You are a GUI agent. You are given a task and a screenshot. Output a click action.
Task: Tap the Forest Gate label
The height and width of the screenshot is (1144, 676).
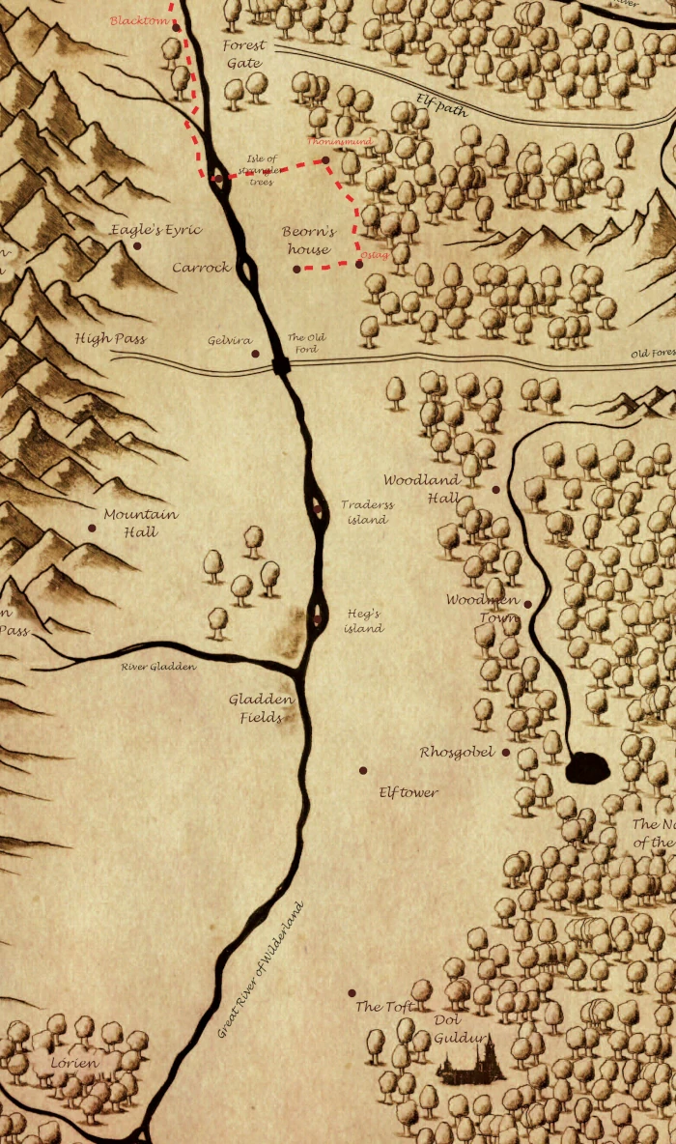click(244, 54)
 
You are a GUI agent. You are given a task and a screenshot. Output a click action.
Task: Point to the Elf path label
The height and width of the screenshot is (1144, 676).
click(441, 104)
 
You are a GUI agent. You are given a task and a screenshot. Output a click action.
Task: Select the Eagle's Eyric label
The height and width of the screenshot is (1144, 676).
click(155, 230)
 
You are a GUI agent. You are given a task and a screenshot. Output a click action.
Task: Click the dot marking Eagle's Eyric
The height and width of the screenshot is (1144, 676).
click(137, 246)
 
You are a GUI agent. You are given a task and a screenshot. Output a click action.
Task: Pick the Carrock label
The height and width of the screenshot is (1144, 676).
click(202, 267)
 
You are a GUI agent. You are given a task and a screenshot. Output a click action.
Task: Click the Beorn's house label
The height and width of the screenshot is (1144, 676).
click(308, 241)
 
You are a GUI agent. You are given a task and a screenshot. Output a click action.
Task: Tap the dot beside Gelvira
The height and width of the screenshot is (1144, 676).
click(256, 354)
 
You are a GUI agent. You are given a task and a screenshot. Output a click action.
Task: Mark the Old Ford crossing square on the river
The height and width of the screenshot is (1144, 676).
click(281, 364)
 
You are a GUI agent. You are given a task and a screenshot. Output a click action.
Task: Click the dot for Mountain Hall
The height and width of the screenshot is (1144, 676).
click(92, 528)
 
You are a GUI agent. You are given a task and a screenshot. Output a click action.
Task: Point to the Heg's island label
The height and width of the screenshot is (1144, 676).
click(364, 620)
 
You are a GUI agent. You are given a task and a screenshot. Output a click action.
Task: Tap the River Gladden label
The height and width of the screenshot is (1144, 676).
click(158, 667)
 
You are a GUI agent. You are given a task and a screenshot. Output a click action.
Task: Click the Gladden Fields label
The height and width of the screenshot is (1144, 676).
click(261, 708)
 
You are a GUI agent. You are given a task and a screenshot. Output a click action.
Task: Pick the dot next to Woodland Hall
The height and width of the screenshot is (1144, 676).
click(496, 490)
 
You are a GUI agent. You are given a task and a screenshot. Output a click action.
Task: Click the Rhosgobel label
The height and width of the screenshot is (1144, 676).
click(457, 752)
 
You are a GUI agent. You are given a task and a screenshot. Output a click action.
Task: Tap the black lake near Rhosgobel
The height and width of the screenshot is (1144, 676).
click(587, 768)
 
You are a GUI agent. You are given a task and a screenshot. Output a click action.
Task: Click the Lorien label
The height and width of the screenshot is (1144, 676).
click(74, 1064)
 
